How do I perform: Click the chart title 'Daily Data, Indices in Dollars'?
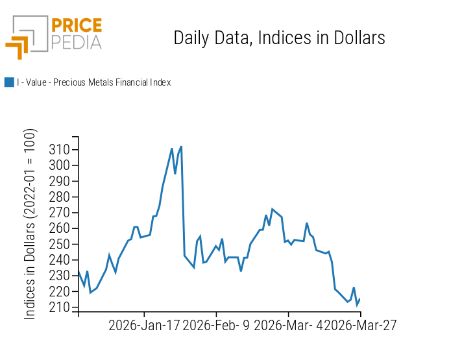click(279, 38)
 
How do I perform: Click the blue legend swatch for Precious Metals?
click(9, 82)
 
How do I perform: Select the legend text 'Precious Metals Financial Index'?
click(93, 82)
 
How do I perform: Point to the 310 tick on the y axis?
click(60, 150)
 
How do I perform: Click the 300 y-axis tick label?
click(60, 165)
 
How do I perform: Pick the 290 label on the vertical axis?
click(60, 181)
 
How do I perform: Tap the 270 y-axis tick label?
click(60, 213)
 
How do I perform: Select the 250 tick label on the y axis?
click(60, 245)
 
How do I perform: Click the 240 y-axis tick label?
click(60, 260)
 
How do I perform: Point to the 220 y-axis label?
click(60, 292)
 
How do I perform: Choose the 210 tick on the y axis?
click(60, 307)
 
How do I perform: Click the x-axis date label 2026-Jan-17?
click(144, 325)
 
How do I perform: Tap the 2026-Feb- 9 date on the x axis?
click(216, 325)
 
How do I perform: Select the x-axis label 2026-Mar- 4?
click(287, 325)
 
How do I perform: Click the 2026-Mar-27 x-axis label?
click(360, 325)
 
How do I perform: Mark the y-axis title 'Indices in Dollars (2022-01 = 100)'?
click(30, 224)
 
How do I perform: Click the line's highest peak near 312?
click(181, 147)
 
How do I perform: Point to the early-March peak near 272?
click(272, 209)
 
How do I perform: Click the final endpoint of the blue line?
click(359, 299)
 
